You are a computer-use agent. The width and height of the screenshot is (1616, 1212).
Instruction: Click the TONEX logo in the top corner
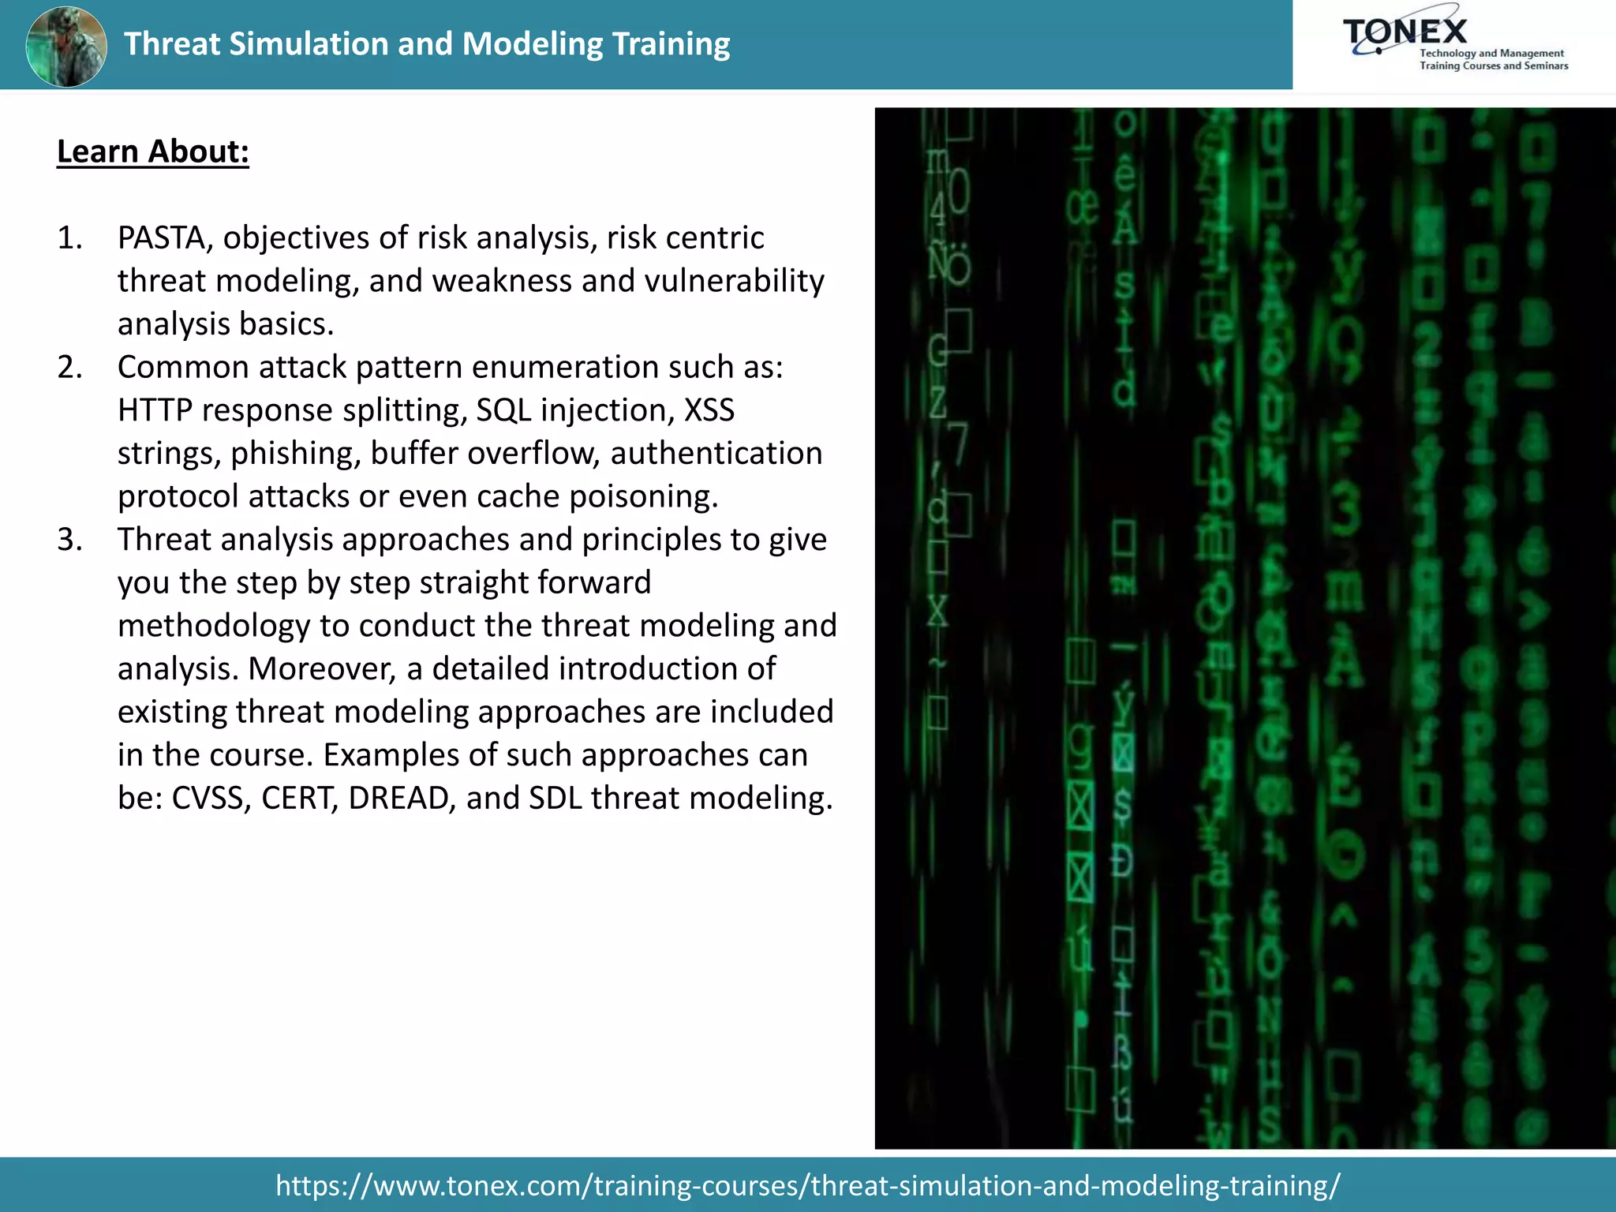point(1453,44)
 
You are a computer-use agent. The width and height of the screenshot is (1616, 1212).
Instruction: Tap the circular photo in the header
point(66,47)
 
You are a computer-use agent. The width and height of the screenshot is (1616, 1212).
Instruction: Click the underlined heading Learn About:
point(153,151)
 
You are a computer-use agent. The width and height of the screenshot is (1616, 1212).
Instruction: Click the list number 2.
point(69,367)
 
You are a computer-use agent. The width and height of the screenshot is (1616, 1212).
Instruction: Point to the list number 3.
point(69,540)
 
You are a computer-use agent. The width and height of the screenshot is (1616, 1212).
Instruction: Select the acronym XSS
point(709,410)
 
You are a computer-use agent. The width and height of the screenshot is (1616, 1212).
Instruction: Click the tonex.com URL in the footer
point(807,1185)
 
